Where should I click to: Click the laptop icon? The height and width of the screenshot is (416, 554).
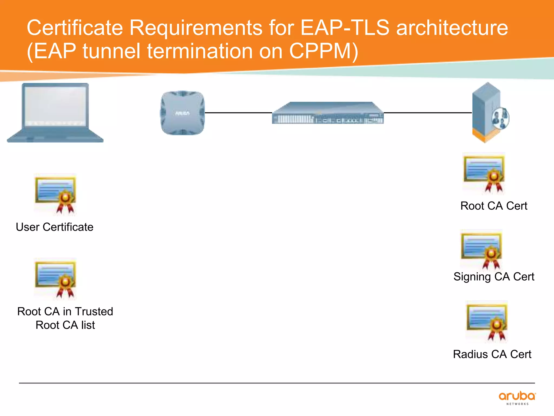[x=55, y=112]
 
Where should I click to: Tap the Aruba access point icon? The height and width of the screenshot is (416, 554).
[x=182, y=113]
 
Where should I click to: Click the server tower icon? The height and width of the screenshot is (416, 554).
[x=486, y=112]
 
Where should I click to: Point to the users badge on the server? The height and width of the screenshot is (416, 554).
[x=500, y=118]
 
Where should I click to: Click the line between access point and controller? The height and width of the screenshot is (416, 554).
[x=238, y=112]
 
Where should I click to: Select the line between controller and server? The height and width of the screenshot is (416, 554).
[x=427, y=112]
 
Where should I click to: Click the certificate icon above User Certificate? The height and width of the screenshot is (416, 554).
[x=55, y=194]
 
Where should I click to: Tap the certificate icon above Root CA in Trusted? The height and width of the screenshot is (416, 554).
[x=55, y=279]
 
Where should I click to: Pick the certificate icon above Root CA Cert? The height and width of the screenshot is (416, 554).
[x=484, y=173]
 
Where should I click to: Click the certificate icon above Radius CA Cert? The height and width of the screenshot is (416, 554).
[x=486, y=322]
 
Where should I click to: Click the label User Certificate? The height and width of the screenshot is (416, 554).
[x=55, y=227]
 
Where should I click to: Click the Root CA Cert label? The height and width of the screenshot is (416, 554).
[x=494, y=206]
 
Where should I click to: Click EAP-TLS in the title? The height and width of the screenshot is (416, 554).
[x=345, y=28]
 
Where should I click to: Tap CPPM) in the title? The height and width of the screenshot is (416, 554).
[x=324, y=51]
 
